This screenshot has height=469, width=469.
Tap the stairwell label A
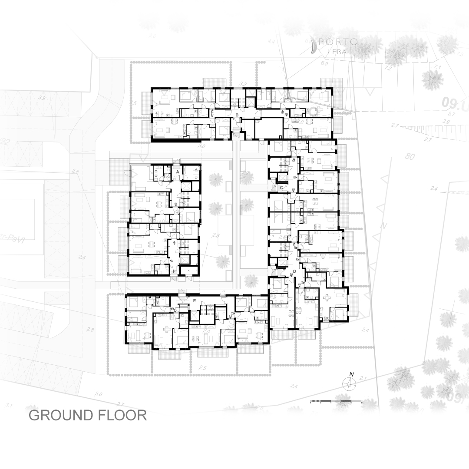click(x=178, y=172)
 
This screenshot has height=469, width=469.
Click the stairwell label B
click(x=237, y=115)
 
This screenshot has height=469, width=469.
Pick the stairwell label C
click(x=281, y=188)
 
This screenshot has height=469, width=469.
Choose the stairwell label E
click(x=195, y=301)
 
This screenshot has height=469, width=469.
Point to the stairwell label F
click(x=174, y=272)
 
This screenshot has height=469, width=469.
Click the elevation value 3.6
click(x=98, y=394)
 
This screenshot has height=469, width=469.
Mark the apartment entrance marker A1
click(x=175, y=204)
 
